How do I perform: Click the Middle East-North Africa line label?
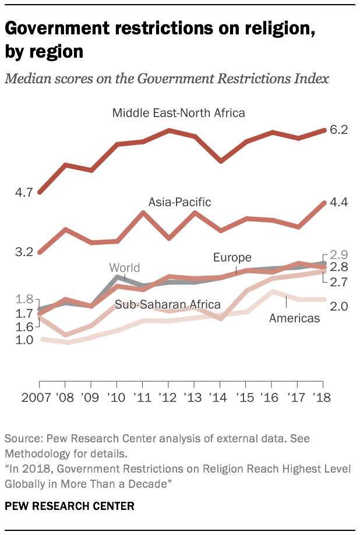pos(178,112)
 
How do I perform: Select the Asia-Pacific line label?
pos(179,202)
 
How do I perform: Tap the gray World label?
pos(125,267)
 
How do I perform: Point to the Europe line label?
pos(232,257)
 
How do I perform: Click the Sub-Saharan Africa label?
pos(167,304)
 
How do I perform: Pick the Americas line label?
pos(294,318)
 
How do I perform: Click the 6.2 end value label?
pos(338,130)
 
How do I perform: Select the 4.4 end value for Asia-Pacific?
pos(338,202)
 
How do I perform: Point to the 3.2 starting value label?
pos(23,252)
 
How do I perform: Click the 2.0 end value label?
pos(338,305)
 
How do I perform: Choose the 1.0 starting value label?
pos(23,340)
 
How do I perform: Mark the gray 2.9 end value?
pos(338,255)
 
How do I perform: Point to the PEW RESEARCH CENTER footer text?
pos(70,506)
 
